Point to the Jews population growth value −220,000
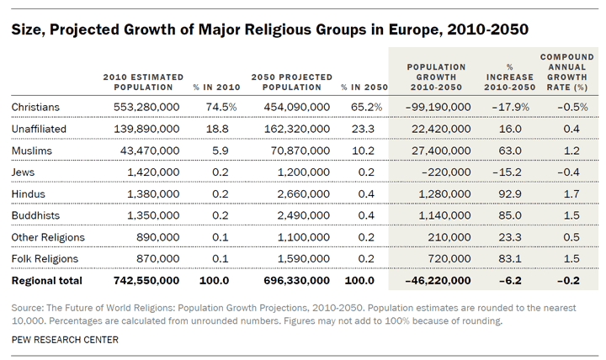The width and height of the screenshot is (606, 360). pyautogui.click(x=442, y=171)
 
